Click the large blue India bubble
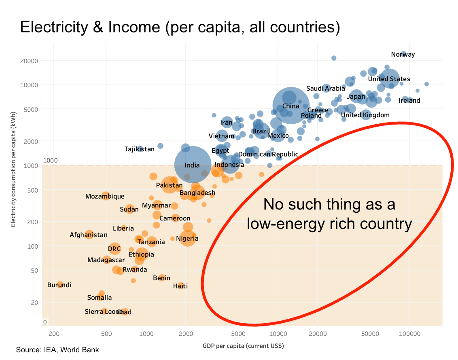pos(193,165)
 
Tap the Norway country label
pos(403,55)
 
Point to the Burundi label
pos(59,285)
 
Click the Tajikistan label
pos(139,149)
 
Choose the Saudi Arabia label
pos(325,89)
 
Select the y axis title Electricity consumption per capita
pos(13,175)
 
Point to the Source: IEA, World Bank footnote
pos(57,350)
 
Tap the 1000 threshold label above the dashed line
pos(51,161)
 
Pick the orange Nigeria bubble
pos(188,239)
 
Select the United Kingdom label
pos(365,115)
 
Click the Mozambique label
pos(105,197)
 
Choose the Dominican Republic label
pos(268,154)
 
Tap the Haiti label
pos(180,286)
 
